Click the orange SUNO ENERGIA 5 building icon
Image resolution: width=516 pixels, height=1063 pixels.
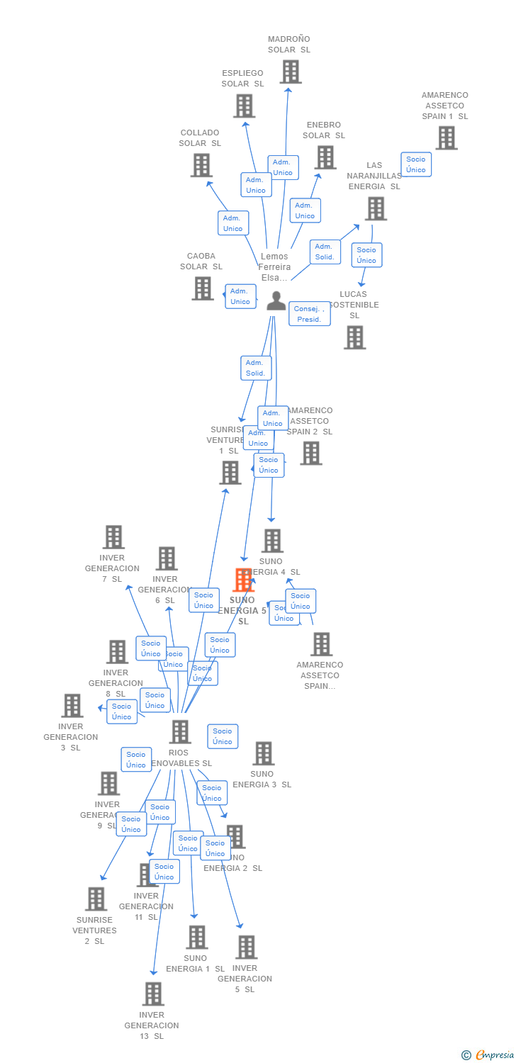pos(244,580)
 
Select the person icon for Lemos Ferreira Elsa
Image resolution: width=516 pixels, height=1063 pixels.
pos(276,301)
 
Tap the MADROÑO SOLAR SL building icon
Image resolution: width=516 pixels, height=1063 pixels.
pos(290,72)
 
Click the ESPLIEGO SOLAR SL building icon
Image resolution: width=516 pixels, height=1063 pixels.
pos(244,106)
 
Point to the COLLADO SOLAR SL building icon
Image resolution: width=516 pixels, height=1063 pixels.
pos(201,165)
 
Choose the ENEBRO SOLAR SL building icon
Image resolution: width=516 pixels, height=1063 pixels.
pos(325,157)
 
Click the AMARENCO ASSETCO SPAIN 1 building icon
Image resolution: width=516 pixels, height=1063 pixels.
pos(446,137)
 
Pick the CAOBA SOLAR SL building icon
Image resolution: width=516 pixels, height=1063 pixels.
pos(203,288)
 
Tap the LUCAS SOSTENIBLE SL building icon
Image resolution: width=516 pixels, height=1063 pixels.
pos(354,337)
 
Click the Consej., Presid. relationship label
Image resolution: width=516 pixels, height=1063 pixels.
pos(310,314)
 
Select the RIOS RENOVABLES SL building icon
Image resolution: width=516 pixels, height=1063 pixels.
pos(180,731)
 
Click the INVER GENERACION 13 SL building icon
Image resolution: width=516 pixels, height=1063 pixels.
pos(153,994)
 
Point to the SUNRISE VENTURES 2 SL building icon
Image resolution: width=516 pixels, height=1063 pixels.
pos(95,899)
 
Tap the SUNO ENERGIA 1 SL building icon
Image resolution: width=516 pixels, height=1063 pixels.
pos(196,937)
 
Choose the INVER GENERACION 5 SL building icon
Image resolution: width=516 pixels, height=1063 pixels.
pos(246,947)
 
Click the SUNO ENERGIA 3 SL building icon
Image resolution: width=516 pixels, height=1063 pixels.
pos(263,753)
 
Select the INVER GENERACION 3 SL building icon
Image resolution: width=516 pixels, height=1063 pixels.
pos(72,705)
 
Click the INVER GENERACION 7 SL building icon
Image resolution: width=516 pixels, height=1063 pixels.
pos(113,537)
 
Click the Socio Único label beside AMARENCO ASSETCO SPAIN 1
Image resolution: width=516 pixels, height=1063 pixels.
pos(416,164)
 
